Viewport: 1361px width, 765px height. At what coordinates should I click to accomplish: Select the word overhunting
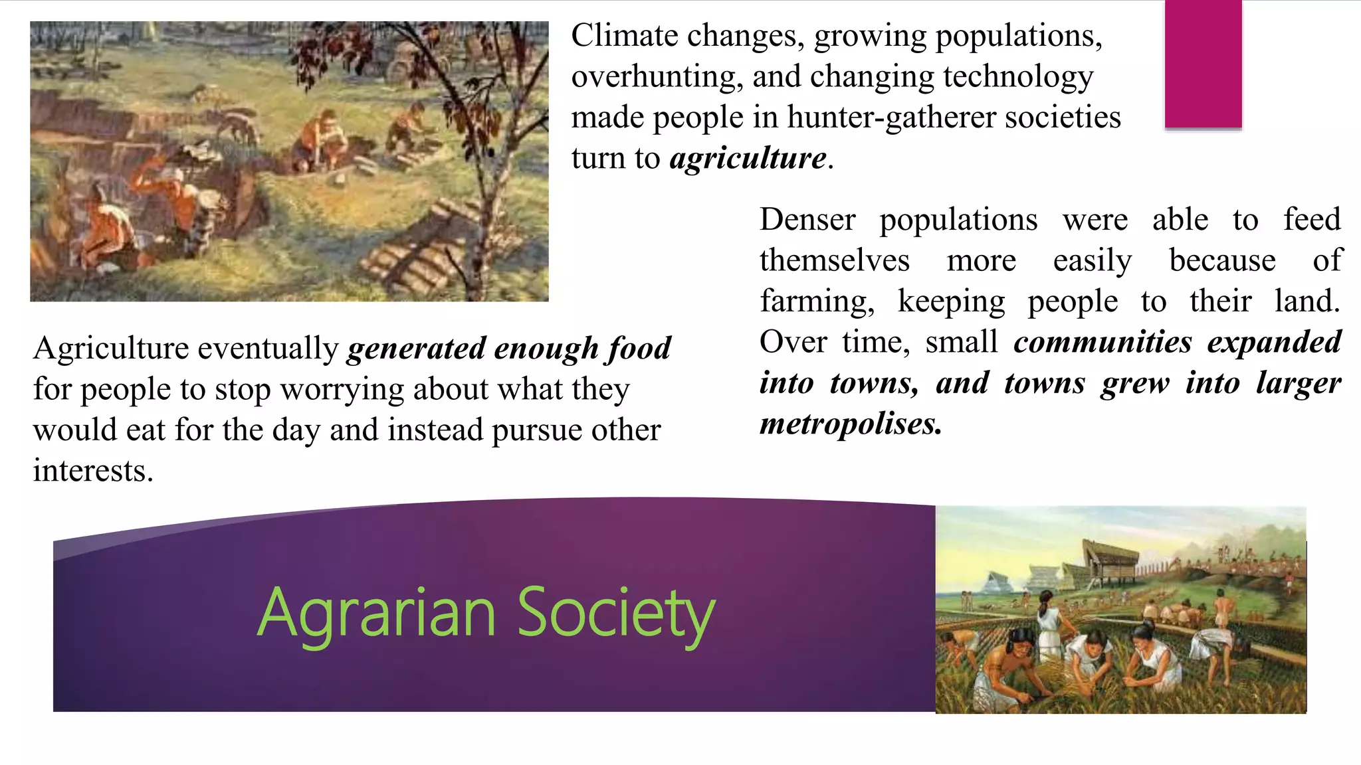point(655,77)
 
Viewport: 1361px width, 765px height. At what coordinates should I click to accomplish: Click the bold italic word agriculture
point(748,158)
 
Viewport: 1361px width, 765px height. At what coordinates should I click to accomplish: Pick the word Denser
point(807,220)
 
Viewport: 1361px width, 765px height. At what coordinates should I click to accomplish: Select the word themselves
point(835,260)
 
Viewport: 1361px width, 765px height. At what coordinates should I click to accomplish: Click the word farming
point(817,301)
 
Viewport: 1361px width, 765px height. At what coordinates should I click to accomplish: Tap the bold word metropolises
point(851,424)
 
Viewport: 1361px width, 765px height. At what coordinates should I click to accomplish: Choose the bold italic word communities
point(1102,342)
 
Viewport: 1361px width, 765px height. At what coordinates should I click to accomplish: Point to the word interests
point(92,471)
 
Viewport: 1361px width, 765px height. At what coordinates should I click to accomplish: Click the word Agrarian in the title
point(376,612)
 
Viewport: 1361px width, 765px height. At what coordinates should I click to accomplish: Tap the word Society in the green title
point(615,612)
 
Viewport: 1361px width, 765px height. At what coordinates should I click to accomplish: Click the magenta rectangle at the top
point(1203,64)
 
